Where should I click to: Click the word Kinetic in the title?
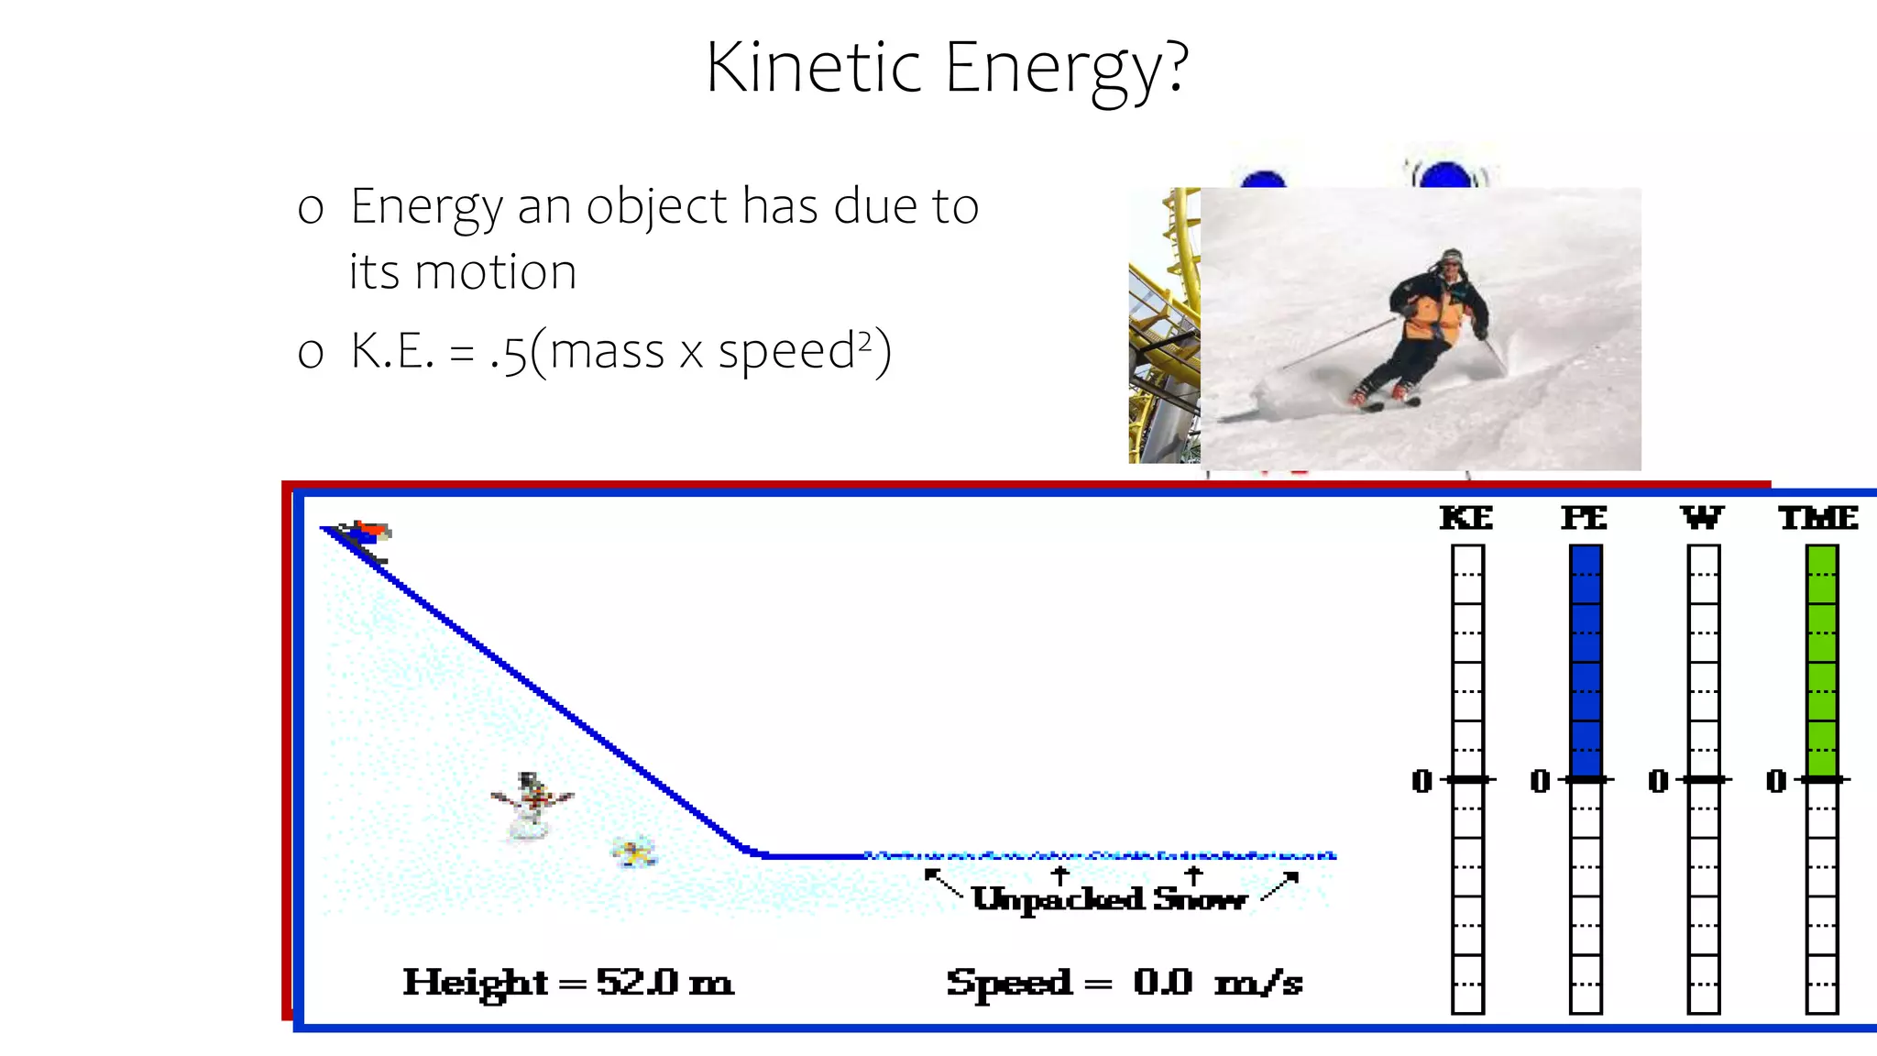coord(813,68)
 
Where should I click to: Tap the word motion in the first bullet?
coord(495,272)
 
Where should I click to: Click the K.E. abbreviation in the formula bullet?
coord(392,351)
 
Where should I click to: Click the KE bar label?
coord(1466,519)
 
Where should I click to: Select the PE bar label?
coord(1585,519)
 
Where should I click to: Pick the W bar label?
coord(1702,519)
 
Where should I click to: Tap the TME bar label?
coord(1819,519)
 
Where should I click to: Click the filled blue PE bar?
coord(1586,661)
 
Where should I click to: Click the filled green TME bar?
coord(1822,661)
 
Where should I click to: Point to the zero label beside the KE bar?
coord(1422,781)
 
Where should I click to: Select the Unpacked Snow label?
coord(1109,899)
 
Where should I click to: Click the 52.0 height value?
coord(638,983)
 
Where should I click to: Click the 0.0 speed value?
coord(1163,983)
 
